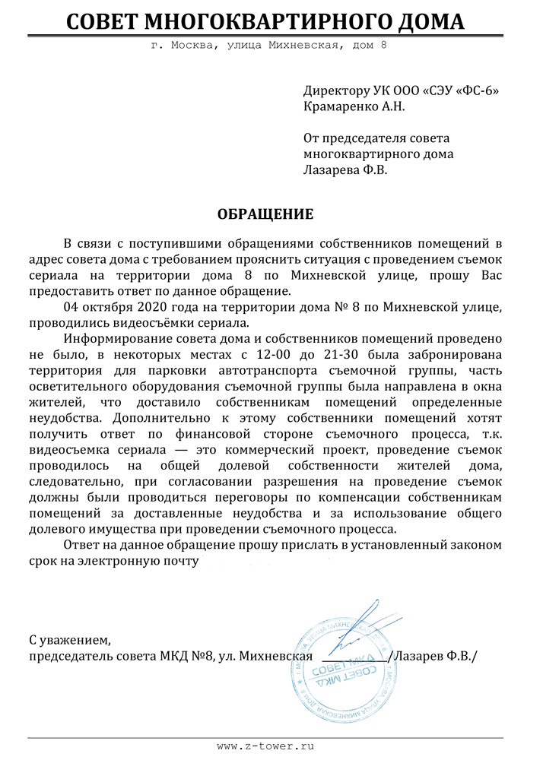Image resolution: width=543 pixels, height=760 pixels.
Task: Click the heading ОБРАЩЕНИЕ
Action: [x=265, y=214]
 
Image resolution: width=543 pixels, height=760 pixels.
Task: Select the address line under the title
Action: [x=268, y=46]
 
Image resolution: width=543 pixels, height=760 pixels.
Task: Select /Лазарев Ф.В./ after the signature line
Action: [x=433, y=656]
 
